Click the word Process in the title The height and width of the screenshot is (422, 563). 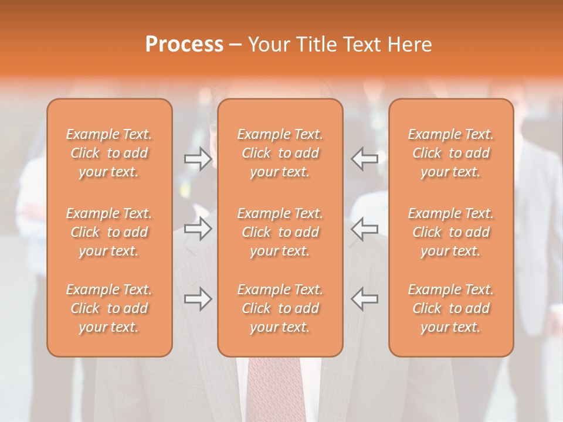point(184,45)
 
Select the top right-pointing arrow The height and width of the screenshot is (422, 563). point(198,158)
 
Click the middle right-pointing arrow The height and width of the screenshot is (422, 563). point(198,229)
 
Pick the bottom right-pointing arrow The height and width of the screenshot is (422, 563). point(198,299)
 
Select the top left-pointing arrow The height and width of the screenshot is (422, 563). point(364,158)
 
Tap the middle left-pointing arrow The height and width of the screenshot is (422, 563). point(364,229)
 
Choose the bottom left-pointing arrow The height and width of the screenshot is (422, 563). point(364,299)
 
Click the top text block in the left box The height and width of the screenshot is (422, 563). point(109,153)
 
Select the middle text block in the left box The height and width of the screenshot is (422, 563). point(109,232)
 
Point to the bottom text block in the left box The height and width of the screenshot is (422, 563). point(109,308)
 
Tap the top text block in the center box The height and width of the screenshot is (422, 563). point(280,153)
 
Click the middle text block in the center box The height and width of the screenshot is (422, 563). point(280,232)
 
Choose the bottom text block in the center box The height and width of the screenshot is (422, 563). point(280,308)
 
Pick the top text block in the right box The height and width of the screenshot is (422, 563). point(451,153)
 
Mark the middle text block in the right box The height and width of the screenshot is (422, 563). point(451,232)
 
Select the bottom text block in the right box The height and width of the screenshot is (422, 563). point(451,308)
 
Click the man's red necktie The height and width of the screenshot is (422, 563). point(276,390)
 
